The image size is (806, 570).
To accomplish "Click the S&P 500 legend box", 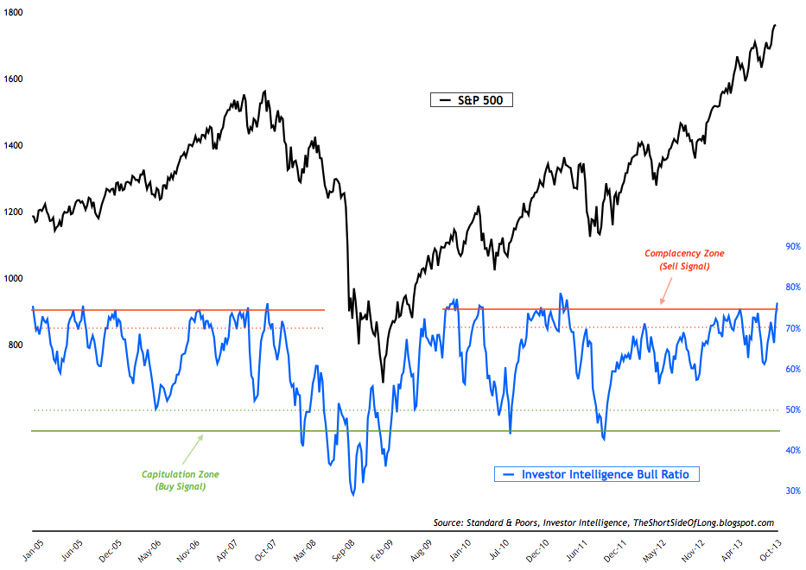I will pos(472,100).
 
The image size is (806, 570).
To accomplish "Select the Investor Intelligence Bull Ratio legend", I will pos(597,474).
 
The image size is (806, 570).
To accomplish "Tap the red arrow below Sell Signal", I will pos(663,295).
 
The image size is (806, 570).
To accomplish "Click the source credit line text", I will pos(604,523).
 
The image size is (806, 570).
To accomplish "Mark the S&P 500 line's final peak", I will pos(774,25).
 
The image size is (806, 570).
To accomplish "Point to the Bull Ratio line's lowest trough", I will pos(352,495).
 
